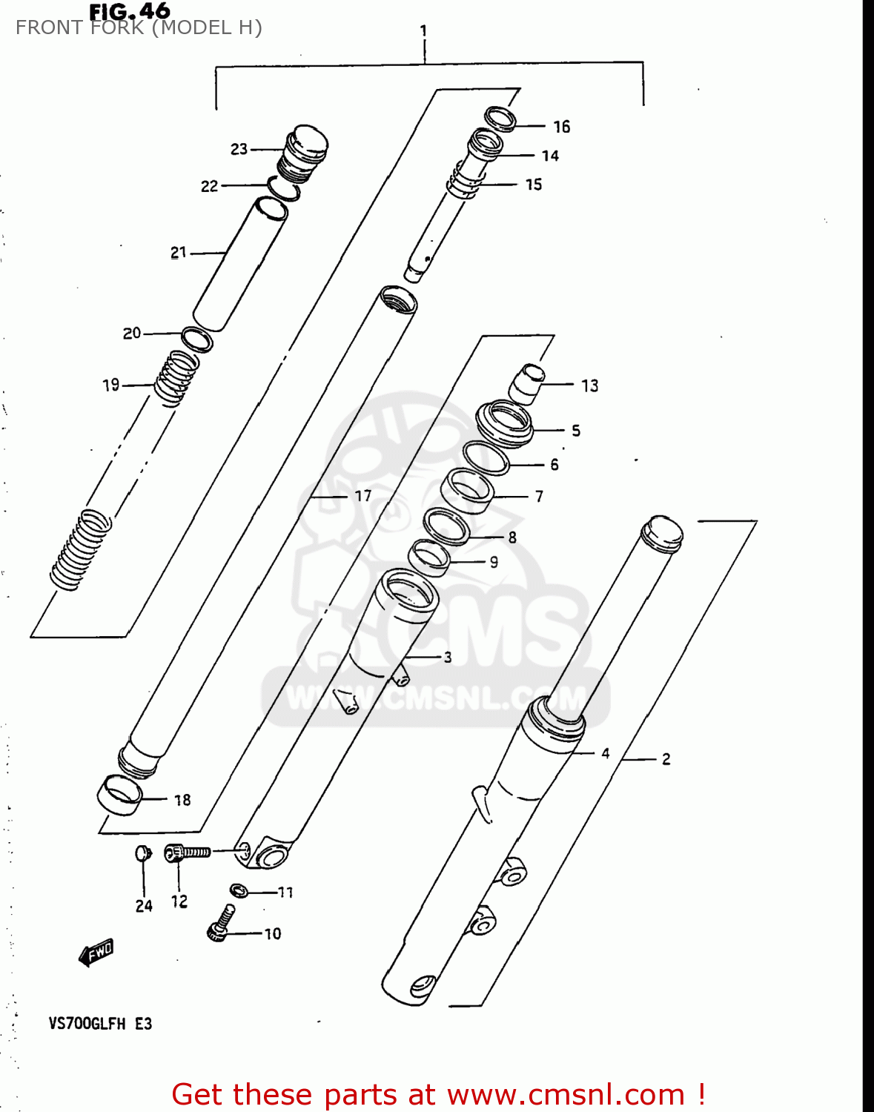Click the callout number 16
pyautogui.click(x=562, y=127)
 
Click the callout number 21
pyautogui.click(x=179, y=253)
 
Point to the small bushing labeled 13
pyautogui.click(x=527, y=383)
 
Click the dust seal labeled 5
pyautogui.click(x=504, y=424)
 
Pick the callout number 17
pyautogui.click(x=362, y=496)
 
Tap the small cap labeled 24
pyautogui.click(x=143, y=853)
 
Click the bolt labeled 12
pyautogui.click(x=187, y=853)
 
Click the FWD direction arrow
pyautogui.click(x=97, y=953)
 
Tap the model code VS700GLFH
pyautogui.click(x=87, y=1024)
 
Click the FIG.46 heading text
pyautogui.click(x=130, y=11)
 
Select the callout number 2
pyautogui.click(x=666, y=759)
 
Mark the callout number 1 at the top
pyautogui.click(x=423, y=31)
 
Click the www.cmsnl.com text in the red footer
pyautogui.click(x=566, y=1094)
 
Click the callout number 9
pyautogui.click(x=494, y=562)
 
